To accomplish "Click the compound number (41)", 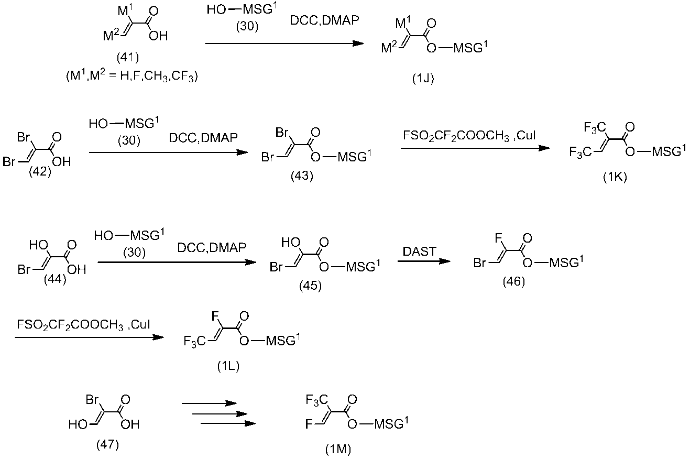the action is tap(128, 57).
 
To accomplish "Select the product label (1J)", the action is tap(423, 79).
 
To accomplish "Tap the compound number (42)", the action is tap(40, 171).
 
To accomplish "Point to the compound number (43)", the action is tap(302, 176).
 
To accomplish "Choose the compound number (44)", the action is tap(55, 279).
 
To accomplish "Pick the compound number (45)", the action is tap(311, 286).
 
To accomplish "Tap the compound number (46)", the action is tap(514, 281).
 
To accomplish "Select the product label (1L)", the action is tap(228, 366).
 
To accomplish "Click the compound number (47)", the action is tap(107, 444).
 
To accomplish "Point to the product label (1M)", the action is tap(338, 450).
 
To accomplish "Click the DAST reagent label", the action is tap(419, 252).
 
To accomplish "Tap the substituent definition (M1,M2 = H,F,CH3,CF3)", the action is tap(132, 75).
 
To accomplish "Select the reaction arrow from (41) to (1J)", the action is tap(284, 43).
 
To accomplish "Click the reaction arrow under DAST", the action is tap(424, 261).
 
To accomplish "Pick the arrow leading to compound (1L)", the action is tap(90, 337).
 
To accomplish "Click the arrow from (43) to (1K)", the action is tap(475, 148).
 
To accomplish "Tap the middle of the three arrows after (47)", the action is tap(220, 414).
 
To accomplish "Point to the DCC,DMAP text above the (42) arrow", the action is tap(203, 137).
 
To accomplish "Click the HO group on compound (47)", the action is tap(78, 424).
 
